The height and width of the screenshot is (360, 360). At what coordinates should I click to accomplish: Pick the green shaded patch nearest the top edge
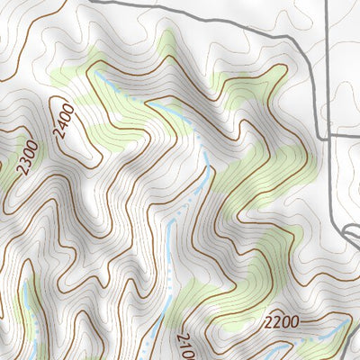[x=166, y=45]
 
